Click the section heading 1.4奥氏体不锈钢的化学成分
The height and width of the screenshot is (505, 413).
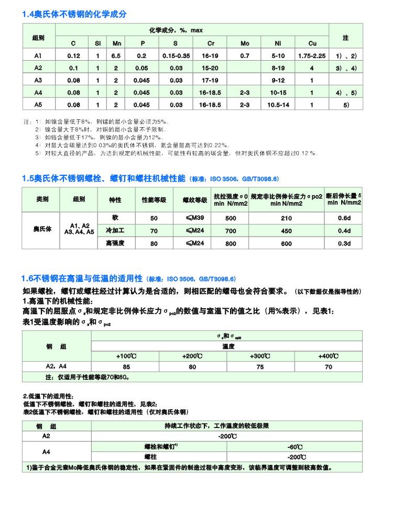[74, 14]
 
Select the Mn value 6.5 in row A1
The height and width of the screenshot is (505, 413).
[116, 55]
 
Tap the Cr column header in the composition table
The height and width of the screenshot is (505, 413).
[211, 43]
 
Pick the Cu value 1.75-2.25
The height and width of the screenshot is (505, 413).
[312, 55]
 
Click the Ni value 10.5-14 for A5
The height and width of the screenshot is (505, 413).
[278, 105]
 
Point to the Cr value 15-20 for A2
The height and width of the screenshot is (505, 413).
[211, 68]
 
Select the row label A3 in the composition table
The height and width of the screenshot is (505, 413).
[38, 80]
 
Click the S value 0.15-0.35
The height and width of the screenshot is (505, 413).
[176, 55]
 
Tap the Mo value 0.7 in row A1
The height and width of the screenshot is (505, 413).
[245, 55]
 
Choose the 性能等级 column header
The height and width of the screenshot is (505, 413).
[154, 200]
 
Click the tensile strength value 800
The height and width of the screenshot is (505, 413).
[231, 243]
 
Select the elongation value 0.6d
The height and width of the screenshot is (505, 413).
[344, 218]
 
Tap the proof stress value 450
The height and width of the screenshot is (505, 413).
[286, 231]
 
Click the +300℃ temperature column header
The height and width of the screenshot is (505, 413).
[260, 356]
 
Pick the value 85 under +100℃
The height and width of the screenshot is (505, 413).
[126, 367]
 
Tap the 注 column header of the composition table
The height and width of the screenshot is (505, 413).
[345, 38]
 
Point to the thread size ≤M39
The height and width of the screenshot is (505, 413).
[192, 218]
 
